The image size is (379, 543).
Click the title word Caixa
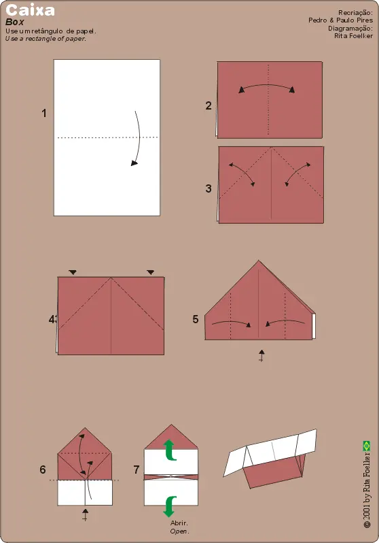click(x=31, y=11)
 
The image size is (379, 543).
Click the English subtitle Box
click(x=14, y=22)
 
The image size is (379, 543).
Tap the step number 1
click(x=44, y=114)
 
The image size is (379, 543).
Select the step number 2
click(x=209, y=105)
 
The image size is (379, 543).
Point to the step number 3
click(x=209, y=189)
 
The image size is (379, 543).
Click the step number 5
click(x=196, y=318)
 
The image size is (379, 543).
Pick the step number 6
click(x=43, y=470)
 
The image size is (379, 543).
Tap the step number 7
click(x=137, y=470)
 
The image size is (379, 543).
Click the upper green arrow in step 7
click(x=170, y=448)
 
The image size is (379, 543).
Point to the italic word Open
click(x=179, y=531)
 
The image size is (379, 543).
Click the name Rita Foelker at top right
click(x=353, y=36)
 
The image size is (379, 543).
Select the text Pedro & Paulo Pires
click(x=340, y=20)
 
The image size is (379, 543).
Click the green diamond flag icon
click(x=367, y=446)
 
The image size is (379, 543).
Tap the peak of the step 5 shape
click(x=259, y=261)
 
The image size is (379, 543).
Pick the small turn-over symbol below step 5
click(x=261, y=355)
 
